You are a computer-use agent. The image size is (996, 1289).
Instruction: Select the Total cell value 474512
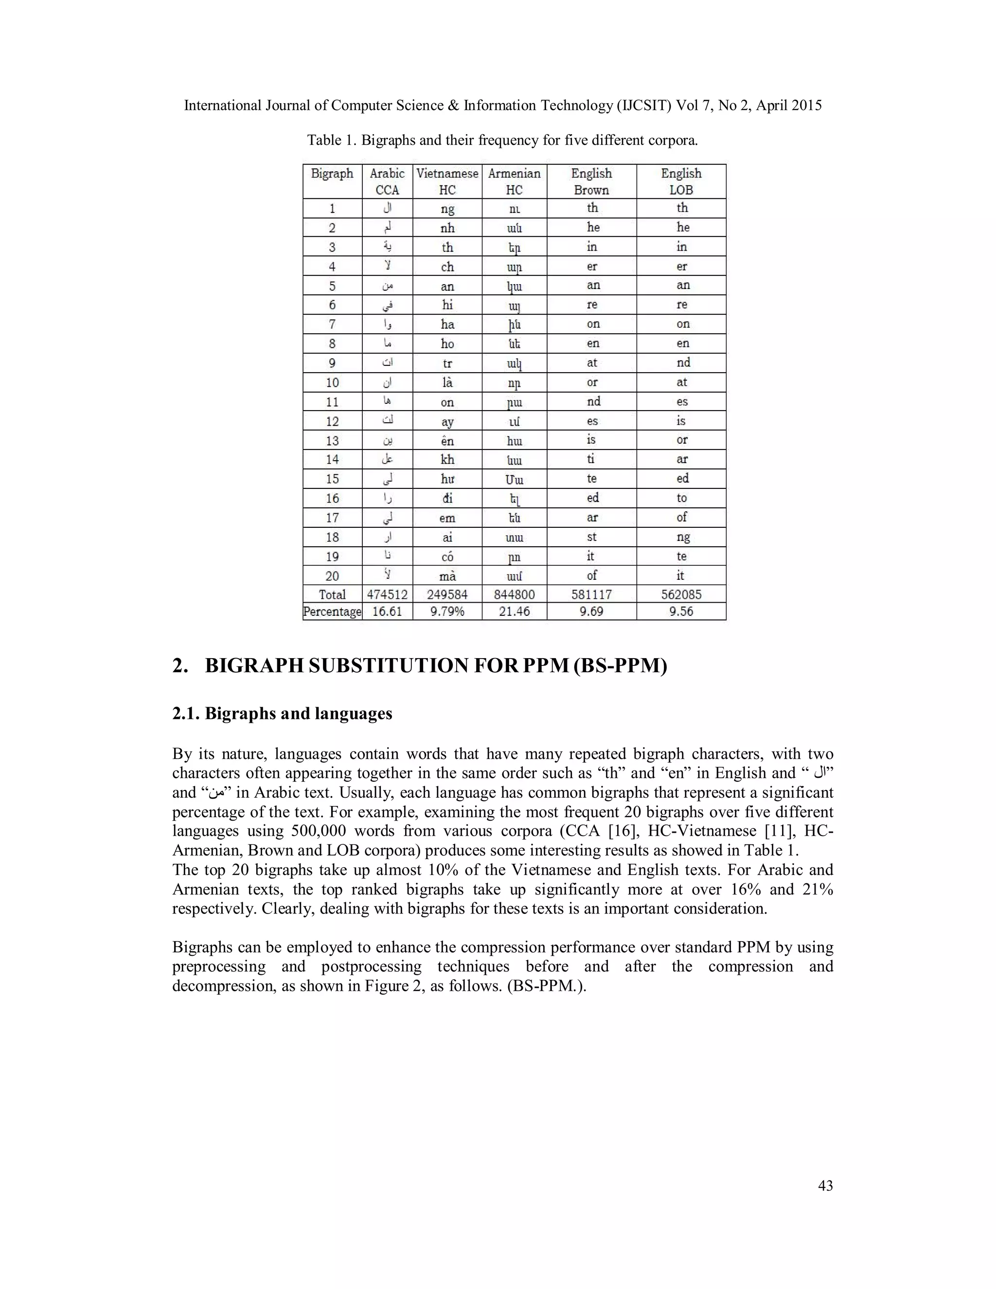[x=387, y=594]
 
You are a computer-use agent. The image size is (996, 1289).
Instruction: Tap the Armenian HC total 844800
[x=514, y=594]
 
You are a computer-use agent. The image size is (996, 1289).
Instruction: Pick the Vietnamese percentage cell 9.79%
[x=447, y=611]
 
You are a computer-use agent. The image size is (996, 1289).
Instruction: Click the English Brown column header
[x=591, y=181]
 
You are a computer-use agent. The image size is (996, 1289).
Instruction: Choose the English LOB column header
[x=681, y=181]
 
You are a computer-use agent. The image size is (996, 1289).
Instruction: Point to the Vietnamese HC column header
[x=447, y=181]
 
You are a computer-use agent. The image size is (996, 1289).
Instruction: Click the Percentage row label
[x=332, y=611]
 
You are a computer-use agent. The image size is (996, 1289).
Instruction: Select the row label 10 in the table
[x=332, y=382]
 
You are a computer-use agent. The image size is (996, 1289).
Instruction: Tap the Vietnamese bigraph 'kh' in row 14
[x=447, y=460]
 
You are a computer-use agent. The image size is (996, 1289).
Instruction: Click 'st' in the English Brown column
[x=591, y=537]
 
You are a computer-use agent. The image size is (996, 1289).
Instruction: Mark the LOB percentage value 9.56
[x=681, y=611]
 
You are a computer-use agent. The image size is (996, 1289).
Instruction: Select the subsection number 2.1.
[x=186, y=714]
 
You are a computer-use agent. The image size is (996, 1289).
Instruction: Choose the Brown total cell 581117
[x=591, y=594]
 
